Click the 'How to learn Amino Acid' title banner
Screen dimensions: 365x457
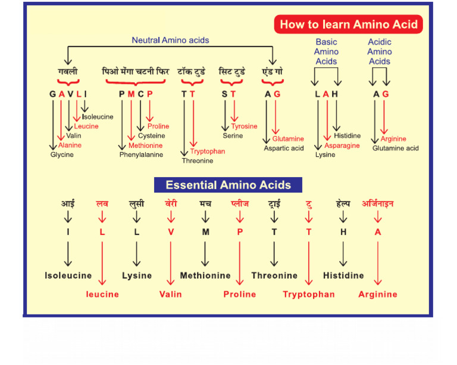pyautogui.click(x=349, y=24)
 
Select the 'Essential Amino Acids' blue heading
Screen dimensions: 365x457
pyautogui.click(x=228, y=185)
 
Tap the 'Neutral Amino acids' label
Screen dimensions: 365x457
pyautogui.click(x=170, y=40)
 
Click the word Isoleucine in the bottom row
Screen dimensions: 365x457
pyautogui.click(x=68, y=276)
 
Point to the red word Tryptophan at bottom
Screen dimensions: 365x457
pyautogui.click(x=308, y=294)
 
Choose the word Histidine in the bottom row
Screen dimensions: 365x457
pyautogui.click(x=343, y=276)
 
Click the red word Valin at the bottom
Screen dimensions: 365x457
pyautogui.click(x=171, y=294)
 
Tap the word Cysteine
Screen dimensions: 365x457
pyautogui.click(x=151, y=136)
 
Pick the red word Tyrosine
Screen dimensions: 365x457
pyautogui.click(x=244, y=126)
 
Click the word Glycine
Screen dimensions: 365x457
pyautogui.click(x=62, y=155)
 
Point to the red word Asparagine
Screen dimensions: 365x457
pyautogui.click(x=342, y=146)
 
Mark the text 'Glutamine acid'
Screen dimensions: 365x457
pyautogui.click(x=396, y=148)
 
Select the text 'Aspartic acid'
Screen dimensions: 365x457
pyautogui.click(x=284, y=148)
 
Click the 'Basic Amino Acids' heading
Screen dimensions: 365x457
pyautogui.click(x=326, y=52)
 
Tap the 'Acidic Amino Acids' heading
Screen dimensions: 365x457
pyautogui.click(x=380, y=52)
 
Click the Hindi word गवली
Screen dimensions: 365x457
pyautogui.click(x=67, y=71)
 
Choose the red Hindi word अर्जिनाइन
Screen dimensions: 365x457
pyautogui.click(x=377, y=204)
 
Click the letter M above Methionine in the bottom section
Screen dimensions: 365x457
pyautogui.click(x=205, y=232)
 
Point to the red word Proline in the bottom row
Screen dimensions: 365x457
pyautogui.click(x=240, y=294)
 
